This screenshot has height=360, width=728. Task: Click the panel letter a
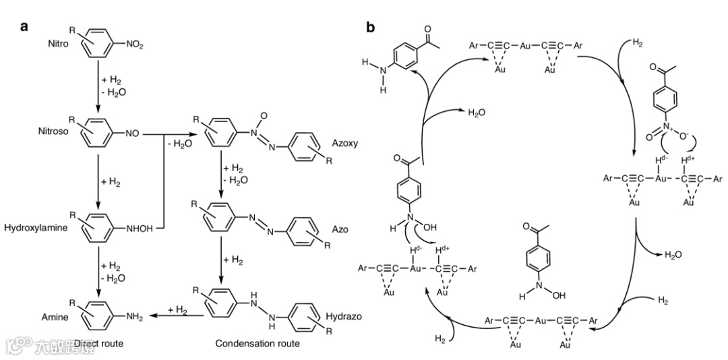pyautogui.click(x=24, y=27)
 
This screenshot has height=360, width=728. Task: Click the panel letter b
pyautogui.click(x=370, y=27)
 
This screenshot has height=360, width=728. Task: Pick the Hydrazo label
pyautogui.click(x=345, y=316)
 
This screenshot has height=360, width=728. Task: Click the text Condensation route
pyautogui.click(x=257, y=344)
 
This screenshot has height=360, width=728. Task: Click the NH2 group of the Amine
pyautogui.click(x=135, y=317)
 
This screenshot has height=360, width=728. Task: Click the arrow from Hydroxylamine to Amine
pyautogui.click(x=98, y=273)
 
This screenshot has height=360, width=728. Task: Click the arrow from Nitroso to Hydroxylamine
pyautogui.click(x=98, y=179)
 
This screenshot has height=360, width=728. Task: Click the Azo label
pyautogui.click(x=340, y=230)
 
